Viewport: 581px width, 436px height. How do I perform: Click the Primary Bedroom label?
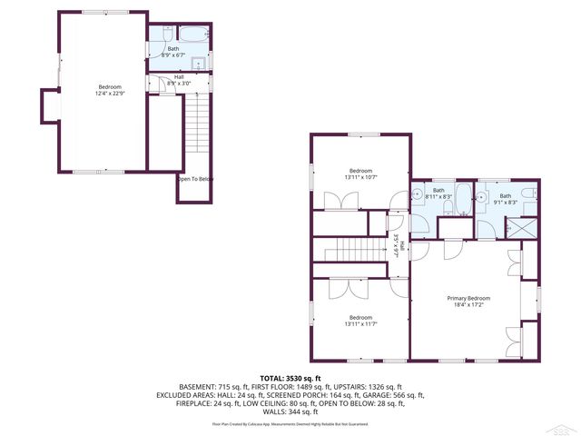tap(468, 298)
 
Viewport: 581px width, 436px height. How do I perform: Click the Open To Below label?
tap(195, 179)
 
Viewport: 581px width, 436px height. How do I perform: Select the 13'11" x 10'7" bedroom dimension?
tap(361, 177)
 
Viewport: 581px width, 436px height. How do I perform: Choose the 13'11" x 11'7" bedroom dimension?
tap(361, 323)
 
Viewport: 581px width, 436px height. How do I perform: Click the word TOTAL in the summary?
tap(273, 378)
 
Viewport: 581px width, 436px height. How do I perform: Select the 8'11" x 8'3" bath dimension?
tap(438, 196)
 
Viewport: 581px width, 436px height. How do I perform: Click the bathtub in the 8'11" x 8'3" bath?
tap(459, 197)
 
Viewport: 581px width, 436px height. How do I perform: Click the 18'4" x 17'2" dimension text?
tap(468, 305)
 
